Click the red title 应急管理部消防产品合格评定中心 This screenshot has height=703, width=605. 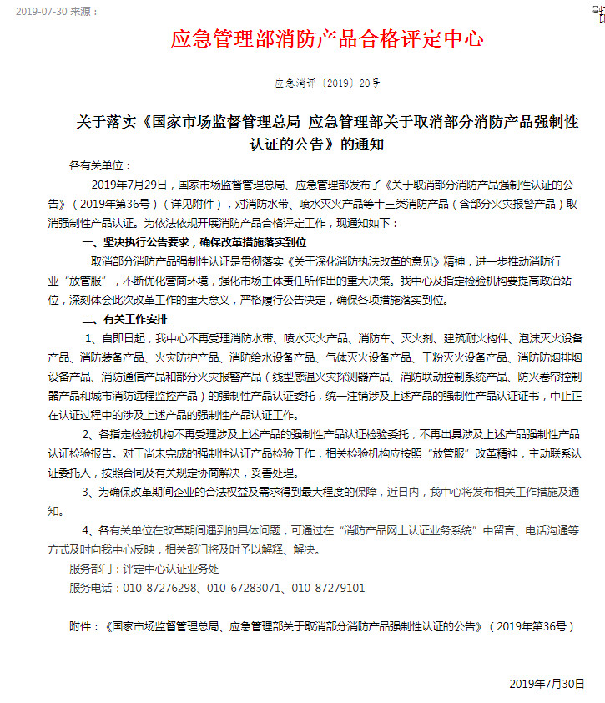coord(326,39)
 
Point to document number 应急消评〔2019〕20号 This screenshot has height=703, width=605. coord(326,83)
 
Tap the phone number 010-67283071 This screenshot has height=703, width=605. coord(245,588)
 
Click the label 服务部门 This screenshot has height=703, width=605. coord(93,569)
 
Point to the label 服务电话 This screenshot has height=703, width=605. coord(93,588)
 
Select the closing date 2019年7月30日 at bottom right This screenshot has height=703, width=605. coord(547,684)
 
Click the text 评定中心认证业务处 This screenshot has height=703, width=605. coord(171,569)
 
